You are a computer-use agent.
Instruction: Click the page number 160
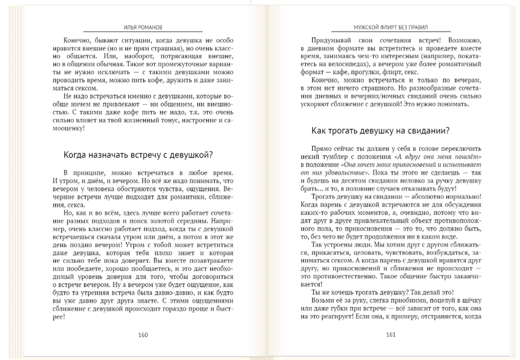(x=143, y=335)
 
